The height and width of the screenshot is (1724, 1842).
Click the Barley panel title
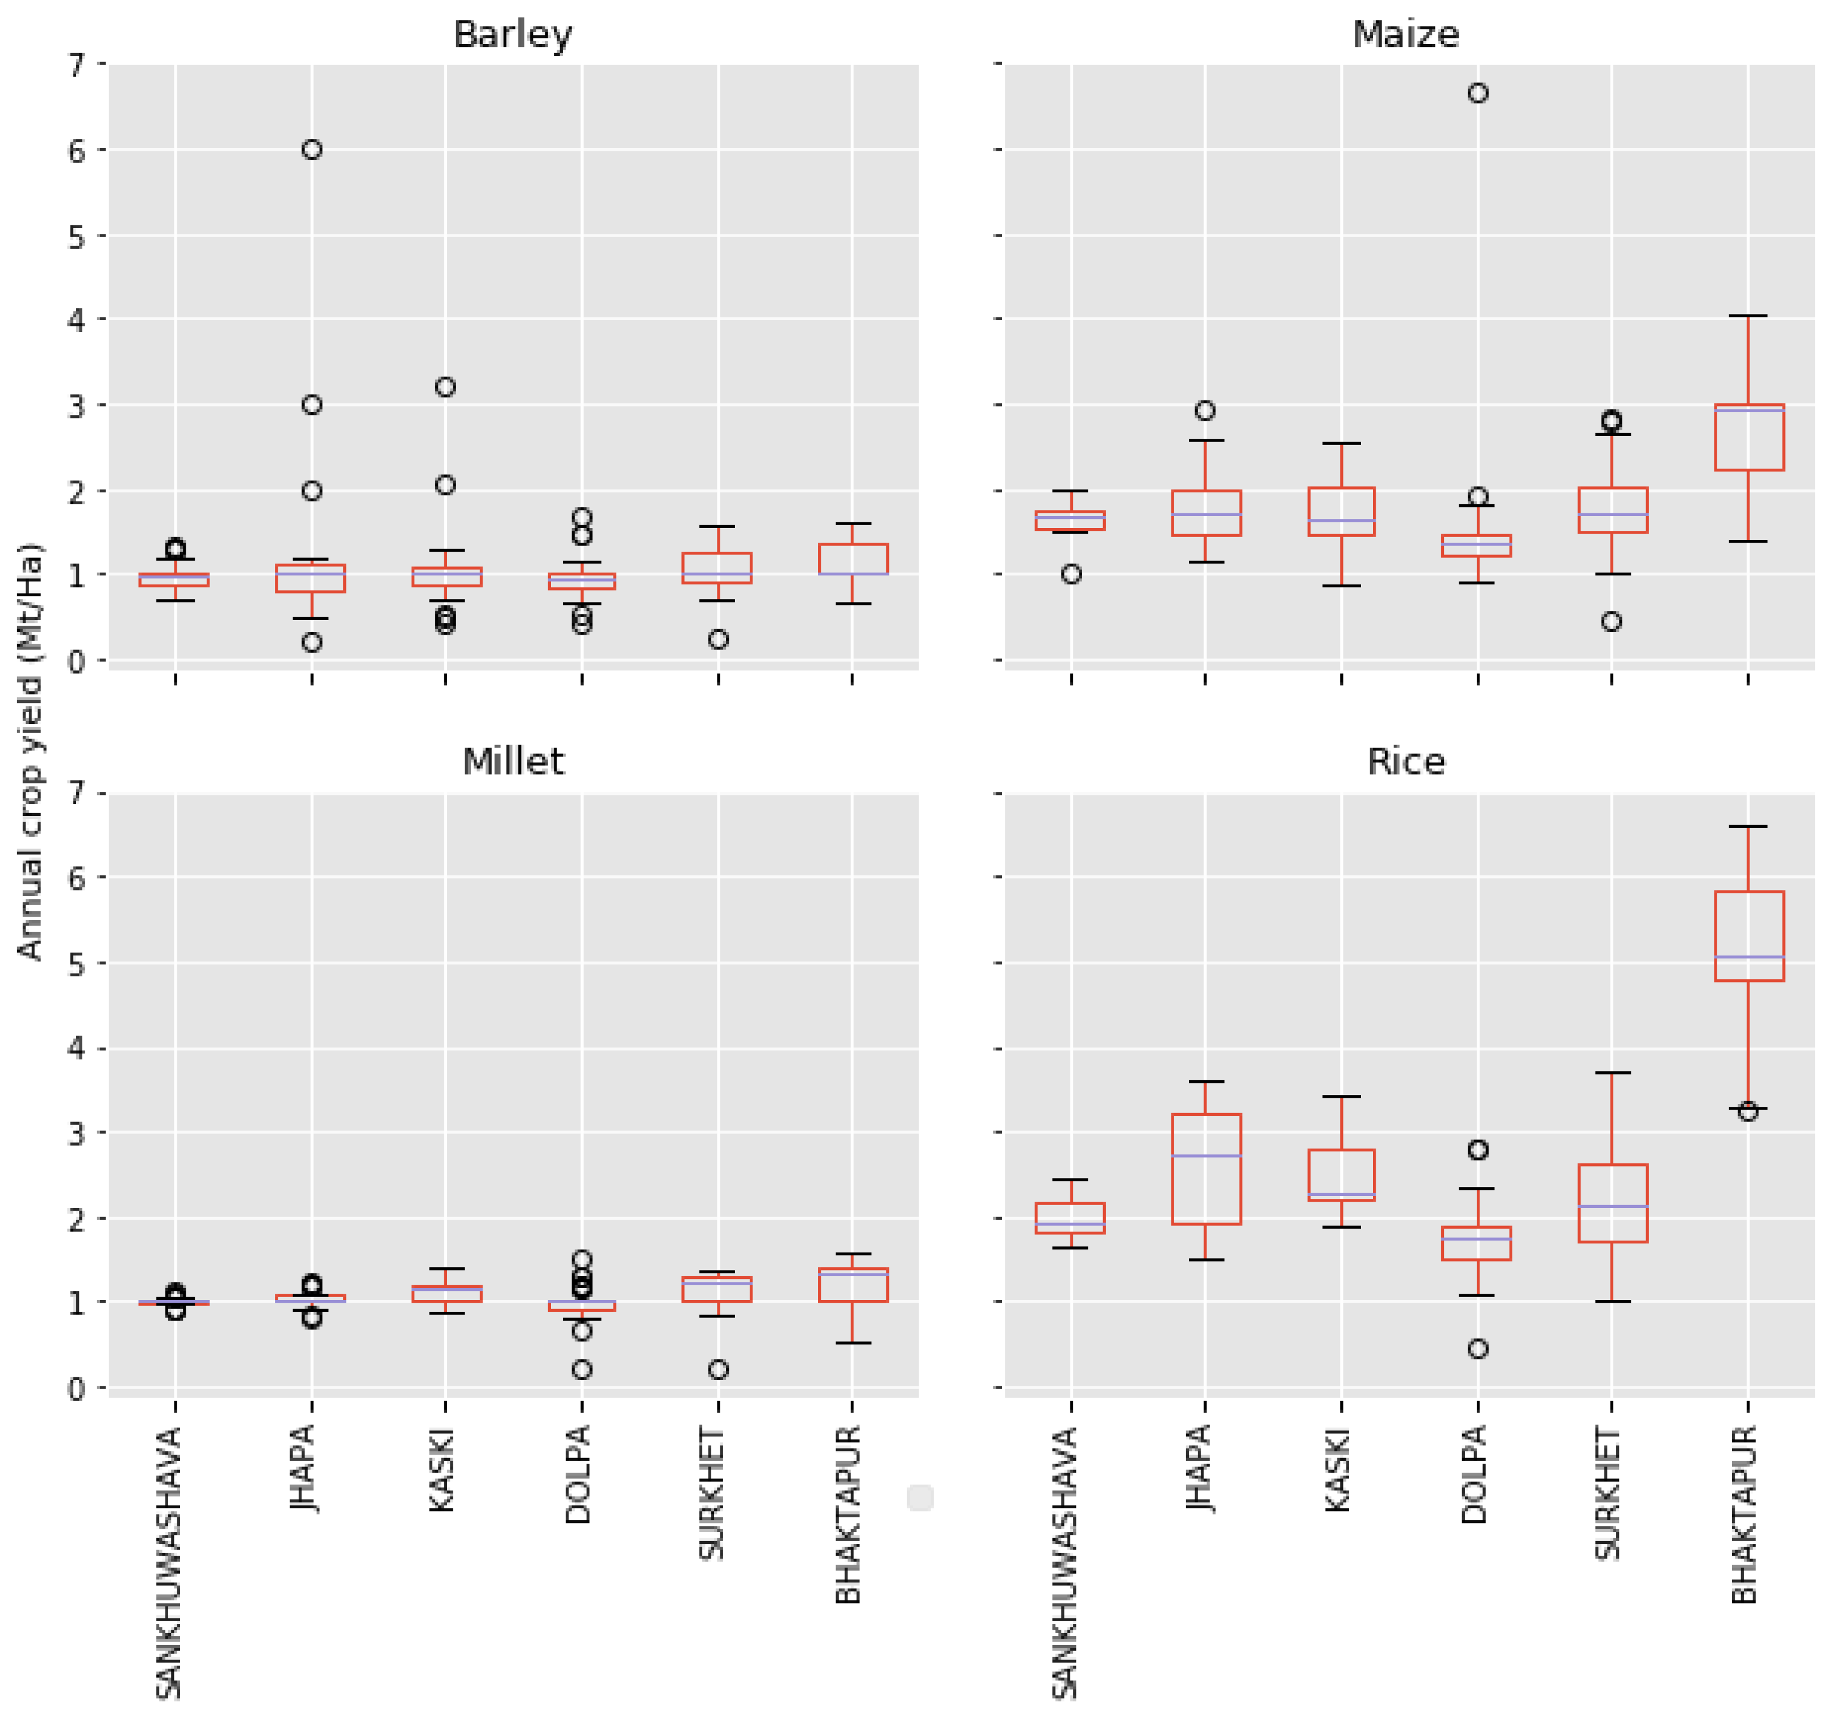tap(513, 35)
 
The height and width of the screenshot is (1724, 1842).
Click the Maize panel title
tap(1406, 35)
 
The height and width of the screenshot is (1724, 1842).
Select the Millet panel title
tap(513, 762)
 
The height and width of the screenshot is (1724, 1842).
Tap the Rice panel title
tap(1406, 762)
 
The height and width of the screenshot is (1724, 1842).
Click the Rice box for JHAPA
tap(1206, 1169)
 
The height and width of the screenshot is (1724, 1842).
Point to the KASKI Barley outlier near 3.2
tap(445, 387)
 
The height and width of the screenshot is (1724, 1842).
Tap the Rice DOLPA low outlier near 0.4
tap(1478, 1348)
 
